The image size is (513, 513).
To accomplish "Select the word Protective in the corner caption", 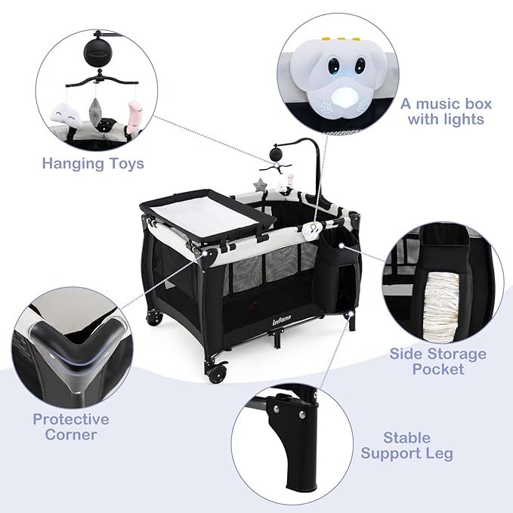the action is tap(71, 419).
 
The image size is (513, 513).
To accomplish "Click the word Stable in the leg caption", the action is tap(406, 437).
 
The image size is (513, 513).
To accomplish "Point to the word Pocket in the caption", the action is tap(437, 369).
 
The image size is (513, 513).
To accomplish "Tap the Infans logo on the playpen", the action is tap(281, 322).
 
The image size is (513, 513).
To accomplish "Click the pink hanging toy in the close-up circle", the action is tap(132, 117).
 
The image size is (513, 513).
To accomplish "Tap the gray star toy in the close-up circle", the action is tap(95, 110).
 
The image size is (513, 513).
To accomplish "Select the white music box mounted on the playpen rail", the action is tap(312, 229).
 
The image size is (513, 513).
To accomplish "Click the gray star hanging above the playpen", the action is tap(261, 185).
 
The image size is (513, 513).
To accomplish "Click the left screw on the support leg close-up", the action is tap(277, 408).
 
